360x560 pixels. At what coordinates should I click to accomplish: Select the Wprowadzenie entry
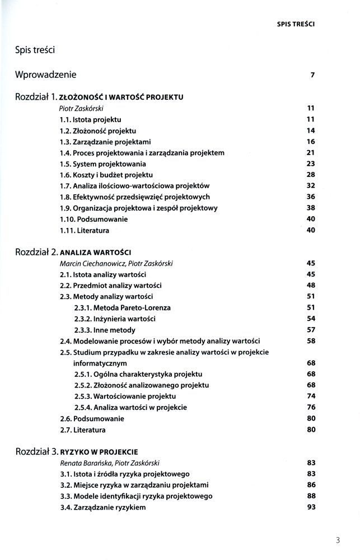click(x=46, y=74)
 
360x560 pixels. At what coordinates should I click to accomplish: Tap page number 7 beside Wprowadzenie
click(x=313, y=75)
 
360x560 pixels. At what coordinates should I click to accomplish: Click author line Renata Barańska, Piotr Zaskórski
click(x=111, y=463)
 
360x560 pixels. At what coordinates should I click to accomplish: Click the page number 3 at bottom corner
click(x=338, y=540)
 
